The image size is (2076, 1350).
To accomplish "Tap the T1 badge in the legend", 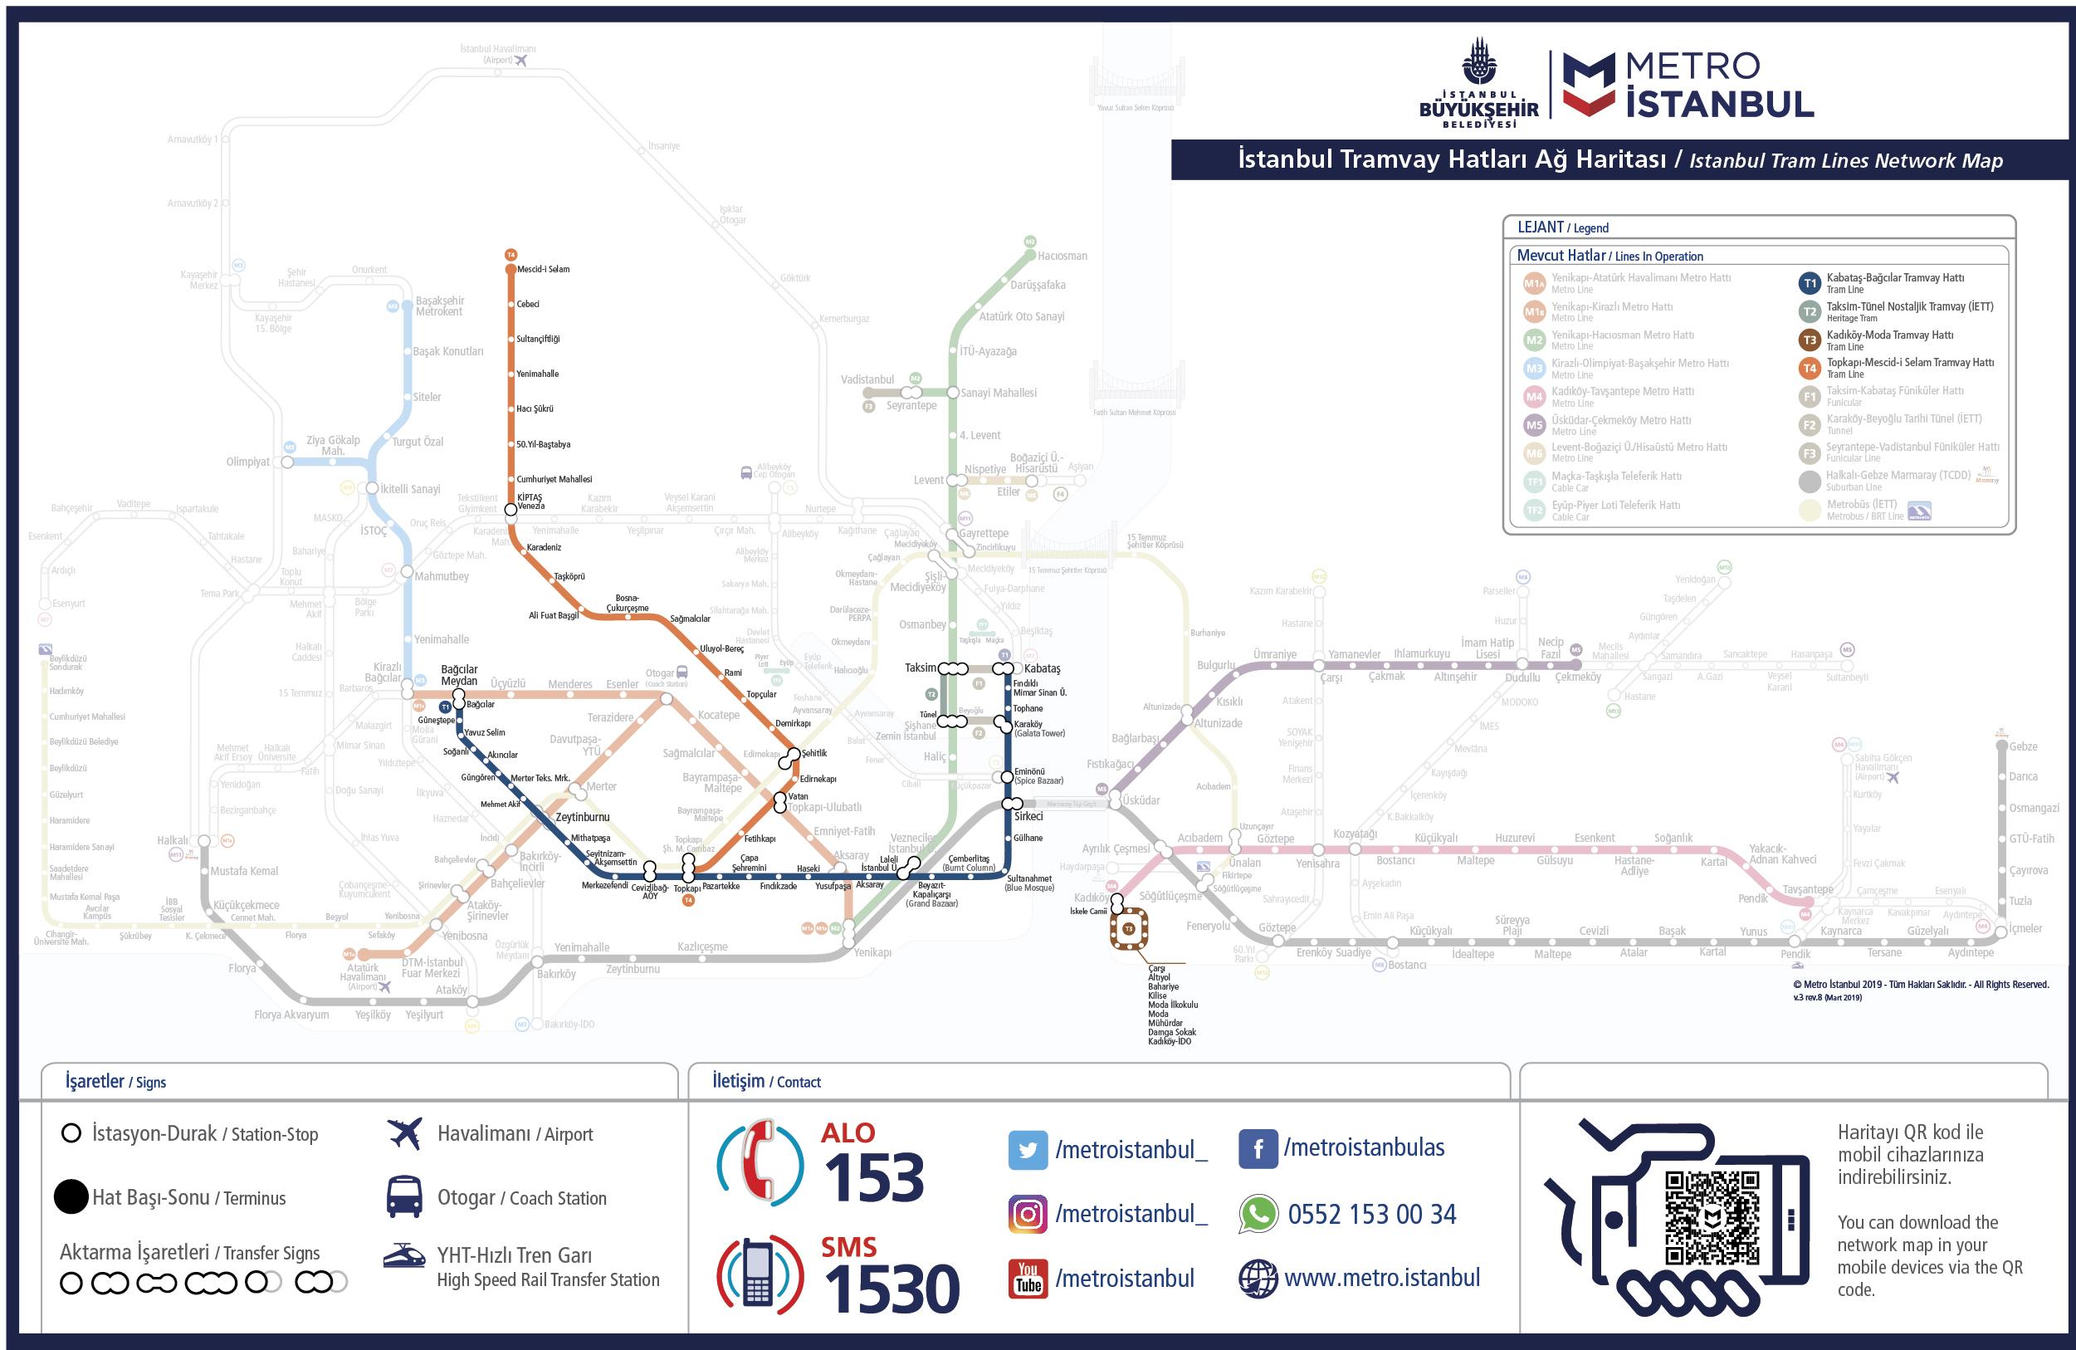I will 1810,283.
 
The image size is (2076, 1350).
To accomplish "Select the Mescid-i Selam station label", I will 543,269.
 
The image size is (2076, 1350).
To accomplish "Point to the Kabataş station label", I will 1043,668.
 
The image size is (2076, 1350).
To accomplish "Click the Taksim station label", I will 920,668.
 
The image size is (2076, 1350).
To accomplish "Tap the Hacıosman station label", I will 1062,256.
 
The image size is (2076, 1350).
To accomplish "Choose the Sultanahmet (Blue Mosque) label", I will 1029,883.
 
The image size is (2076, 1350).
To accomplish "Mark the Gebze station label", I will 2024,746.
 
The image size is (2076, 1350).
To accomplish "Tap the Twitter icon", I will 1028,1150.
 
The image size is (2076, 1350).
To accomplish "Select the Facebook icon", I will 1258,1149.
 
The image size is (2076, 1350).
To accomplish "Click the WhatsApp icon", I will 1258,1214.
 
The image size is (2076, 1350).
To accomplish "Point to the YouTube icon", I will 1028,1279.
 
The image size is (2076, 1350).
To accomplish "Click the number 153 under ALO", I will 873,1178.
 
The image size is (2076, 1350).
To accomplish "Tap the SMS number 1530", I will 891,1288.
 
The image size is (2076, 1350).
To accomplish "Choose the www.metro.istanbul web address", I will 1382,1279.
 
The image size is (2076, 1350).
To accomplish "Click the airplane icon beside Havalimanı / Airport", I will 405,1133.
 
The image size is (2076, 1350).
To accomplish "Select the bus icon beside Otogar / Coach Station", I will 405,1197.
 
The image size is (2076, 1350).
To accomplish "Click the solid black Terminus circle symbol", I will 71,1197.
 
